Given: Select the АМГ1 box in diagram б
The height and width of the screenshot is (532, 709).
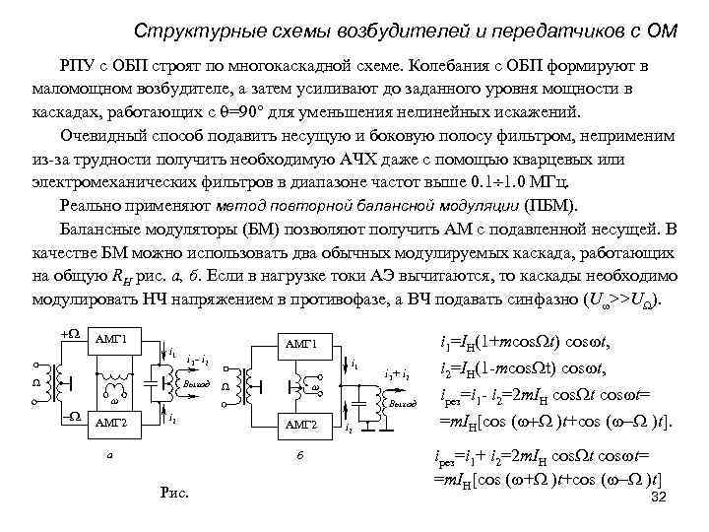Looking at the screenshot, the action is (x=300, y=344).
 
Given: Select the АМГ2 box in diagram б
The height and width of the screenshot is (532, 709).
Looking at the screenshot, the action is (x=300, y=425).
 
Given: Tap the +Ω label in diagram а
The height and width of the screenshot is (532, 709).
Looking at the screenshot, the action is (x=70, y=334).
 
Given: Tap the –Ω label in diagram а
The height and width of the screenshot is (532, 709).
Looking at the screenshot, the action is (x=70, y=417).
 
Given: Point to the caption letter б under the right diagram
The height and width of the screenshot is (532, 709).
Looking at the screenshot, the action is (x=299, y=456).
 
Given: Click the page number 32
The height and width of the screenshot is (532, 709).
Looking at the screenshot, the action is (x=660, y=499).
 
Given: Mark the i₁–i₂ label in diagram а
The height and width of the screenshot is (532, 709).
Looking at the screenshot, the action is (x=195, y=357).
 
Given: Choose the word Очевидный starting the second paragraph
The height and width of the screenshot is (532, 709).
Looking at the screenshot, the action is (x=97, y=136).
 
